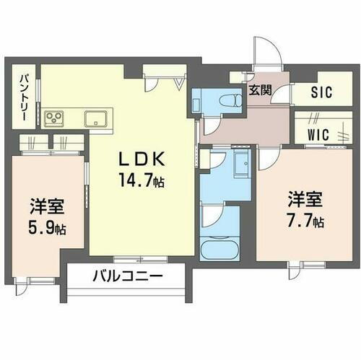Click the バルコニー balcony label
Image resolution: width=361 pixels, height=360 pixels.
point(127,276)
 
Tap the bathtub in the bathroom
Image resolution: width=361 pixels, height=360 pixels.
point(220,249)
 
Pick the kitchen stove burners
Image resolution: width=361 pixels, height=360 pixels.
point(56,116)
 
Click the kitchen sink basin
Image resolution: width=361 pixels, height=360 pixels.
point(95,117)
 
